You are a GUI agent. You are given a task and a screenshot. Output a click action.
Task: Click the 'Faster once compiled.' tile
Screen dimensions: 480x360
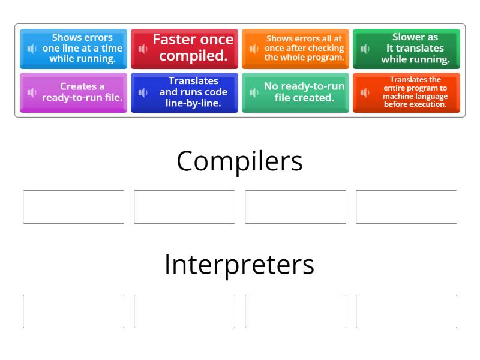click(184, 49)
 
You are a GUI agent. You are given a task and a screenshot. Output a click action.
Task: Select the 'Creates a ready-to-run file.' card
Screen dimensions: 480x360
click(73, 92)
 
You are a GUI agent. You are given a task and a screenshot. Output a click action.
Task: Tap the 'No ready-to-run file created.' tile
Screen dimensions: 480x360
click(295, 92)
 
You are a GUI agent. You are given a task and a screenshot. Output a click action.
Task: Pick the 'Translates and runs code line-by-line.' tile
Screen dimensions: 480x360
click(184, 92)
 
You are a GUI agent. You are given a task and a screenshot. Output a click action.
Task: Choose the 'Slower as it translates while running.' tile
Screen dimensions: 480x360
click(406, 49)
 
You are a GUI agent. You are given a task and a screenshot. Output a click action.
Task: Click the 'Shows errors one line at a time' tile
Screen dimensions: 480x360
click(73, 49)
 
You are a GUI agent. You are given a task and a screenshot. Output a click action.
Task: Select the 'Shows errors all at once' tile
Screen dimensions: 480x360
click(295, 49)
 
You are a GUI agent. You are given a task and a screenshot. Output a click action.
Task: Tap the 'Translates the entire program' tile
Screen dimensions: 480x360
click(406, 92)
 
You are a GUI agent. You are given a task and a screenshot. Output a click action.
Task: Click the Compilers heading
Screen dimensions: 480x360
click(239, 161)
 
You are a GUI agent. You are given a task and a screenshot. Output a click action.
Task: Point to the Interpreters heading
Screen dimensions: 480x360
click(239, 265)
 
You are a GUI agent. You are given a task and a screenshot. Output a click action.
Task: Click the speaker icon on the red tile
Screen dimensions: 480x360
click(143, 49)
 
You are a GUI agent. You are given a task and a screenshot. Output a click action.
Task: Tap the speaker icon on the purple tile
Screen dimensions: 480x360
click(32, 92)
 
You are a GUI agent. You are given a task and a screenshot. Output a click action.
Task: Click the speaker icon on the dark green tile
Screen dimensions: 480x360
click(365, 49)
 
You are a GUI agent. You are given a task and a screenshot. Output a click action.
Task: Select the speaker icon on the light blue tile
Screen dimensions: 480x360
click(32, 49)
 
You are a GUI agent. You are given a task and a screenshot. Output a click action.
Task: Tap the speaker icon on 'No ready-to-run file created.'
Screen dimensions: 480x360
click(254, 92)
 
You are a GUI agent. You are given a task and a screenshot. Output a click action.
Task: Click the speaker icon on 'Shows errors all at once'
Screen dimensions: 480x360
click(254, 49)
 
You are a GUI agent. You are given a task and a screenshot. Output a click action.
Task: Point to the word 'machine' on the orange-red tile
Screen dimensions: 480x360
click(395, 96)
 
